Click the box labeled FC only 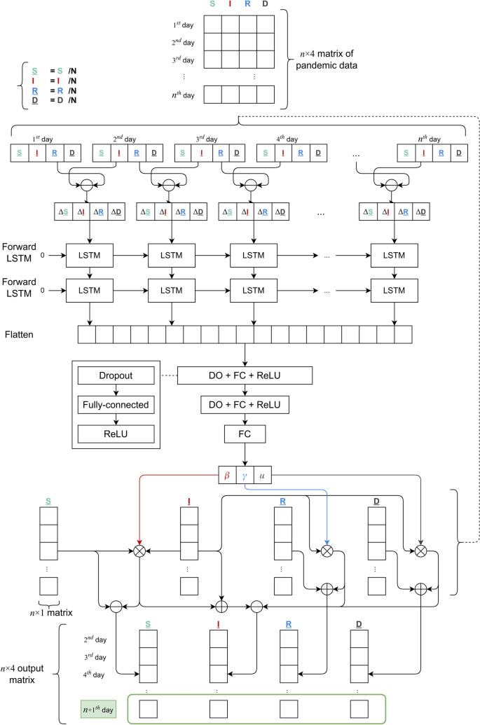245,434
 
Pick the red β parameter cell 227,474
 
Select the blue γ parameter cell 245,474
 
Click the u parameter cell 262,474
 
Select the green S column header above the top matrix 213,5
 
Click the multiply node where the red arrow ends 139,551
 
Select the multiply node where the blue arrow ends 327,551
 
